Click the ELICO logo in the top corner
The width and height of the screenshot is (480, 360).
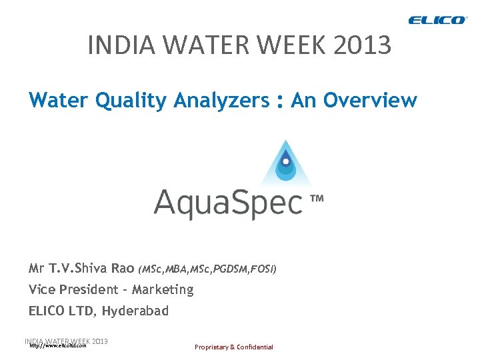[x=438, y=20]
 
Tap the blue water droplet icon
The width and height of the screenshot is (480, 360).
[x=286, y=163]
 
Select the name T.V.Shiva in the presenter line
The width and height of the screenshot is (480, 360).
[x=93, y=269]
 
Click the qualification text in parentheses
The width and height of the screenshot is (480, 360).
[x=207, y=269]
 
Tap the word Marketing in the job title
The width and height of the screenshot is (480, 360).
[x=163, y=289]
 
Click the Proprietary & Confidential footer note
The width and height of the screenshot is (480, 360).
[x=233, y=347]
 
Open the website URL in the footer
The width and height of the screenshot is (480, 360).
[x=58, y=346]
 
